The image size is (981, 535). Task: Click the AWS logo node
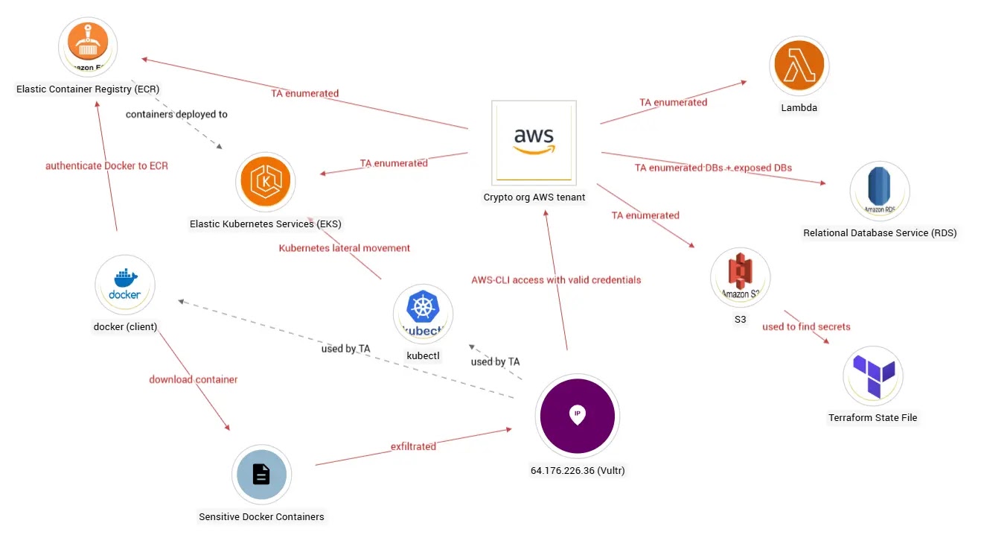[x=534, y=142]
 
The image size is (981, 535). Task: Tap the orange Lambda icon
[x=799, y=66]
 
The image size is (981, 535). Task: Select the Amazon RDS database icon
[x=879, y=191]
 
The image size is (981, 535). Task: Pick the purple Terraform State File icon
[x=872, y=376]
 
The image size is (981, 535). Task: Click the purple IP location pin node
[x=577, y=416]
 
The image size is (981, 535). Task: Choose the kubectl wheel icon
[x=423, y=314]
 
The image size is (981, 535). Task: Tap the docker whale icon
[x=124, y=285]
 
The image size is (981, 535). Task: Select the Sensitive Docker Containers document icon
[x=261, y=475]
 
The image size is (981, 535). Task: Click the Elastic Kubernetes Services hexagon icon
[x=265, y=182]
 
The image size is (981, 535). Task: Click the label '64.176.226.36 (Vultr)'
[x=578, y=470]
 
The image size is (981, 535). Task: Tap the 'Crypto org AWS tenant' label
[x=534, y=197]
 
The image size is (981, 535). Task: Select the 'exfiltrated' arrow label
[x=413, y=446]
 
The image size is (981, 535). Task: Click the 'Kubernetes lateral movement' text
[x=344, y=247]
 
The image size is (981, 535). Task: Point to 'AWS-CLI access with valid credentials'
[x=555, y=280]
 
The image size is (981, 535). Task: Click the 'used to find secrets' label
[x=805, y=326]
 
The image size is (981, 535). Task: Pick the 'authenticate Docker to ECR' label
[x=106, y=165]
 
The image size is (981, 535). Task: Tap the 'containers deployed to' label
[x=176, y=114]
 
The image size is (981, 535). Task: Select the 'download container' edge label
[x=193, y=379]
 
